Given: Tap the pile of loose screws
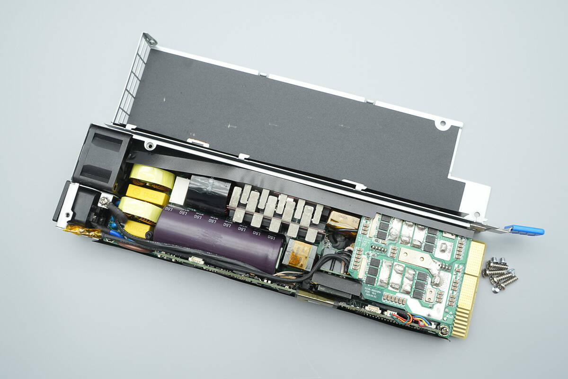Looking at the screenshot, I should pos(499,274).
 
